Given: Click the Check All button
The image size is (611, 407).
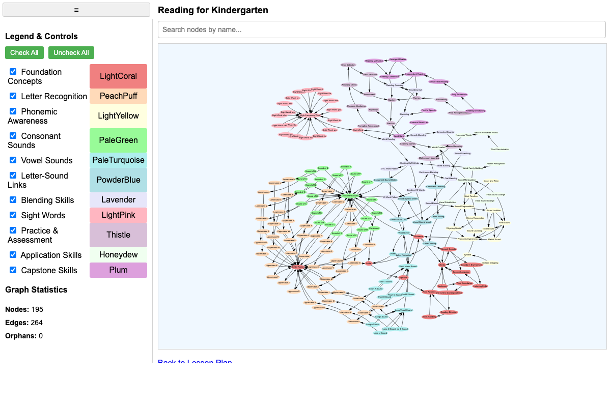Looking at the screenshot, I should [24, 52].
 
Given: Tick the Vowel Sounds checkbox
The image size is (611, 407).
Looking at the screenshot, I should [13, 160].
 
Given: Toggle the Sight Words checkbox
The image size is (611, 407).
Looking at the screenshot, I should [13, 215].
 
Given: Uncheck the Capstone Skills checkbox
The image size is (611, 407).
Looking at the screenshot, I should [13, 270].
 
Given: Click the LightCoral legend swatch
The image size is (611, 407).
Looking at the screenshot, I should [118, 76].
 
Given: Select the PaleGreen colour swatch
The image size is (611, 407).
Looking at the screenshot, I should [118, 140].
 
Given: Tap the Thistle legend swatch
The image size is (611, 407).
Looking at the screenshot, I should [118, 235].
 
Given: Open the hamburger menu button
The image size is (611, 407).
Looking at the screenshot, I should [76, 10].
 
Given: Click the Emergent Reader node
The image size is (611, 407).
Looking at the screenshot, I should [398, 60].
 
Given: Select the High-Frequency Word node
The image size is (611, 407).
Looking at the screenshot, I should [310, 115].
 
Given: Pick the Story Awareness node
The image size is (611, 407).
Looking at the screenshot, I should [459, 95].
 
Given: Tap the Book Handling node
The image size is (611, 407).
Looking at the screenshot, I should [429, 317].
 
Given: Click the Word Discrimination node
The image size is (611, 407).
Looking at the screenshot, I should [500, 150].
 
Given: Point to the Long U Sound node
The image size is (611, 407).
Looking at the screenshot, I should [380, 333].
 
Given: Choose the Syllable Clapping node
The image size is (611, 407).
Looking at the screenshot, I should [490, 263].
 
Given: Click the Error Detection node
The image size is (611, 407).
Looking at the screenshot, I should [348, 65].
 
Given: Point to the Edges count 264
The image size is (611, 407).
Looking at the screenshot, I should [36, 323].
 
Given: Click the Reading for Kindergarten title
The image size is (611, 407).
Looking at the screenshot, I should [213, 10].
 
